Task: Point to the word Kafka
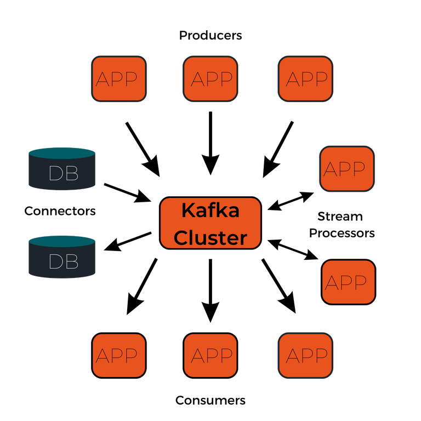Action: (x=210, y=210)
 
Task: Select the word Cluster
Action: (x=210, y=238)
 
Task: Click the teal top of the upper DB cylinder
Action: (x=62, y=152)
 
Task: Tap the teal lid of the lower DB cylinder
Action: (x=62, y=240)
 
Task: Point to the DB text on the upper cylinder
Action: (x=64, y=173)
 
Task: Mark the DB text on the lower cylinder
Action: (x=64, y=261)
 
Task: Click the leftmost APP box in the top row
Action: (x=118, y=78)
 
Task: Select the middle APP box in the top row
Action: (x=211, y=78)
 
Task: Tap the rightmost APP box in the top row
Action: (x=305, y=78)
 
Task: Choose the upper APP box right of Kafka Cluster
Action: (x=347, y=169)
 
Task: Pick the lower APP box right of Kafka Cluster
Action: (x=348, y=282)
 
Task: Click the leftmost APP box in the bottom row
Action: (x=118, y=356)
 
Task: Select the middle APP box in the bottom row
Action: (x=211, y=356)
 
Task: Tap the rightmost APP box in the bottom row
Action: (x=305, y=356)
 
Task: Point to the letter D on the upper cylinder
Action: (x=56, y=173)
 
